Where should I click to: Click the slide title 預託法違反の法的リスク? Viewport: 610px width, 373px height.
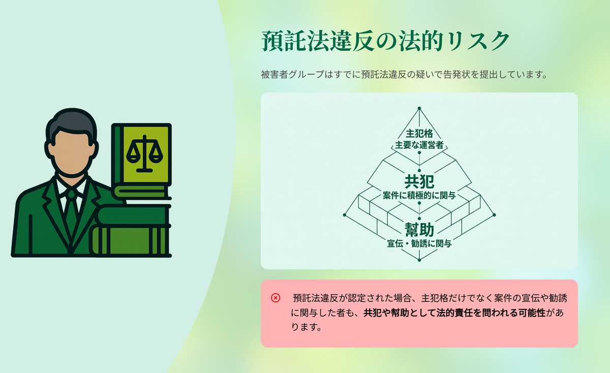pyautogui.click(x=385, y=41)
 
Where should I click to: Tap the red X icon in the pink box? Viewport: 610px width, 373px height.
pyautogui.click(x=276, y=298)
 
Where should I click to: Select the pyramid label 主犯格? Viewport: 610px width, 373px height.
pyautogui.click(x=419, y=134)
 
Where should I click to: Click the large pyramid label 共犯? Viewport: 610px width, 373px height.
pyautogui.click(x=419, y=181)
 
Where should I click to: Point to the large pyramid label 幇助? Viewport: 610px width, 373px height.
pyautogui.click(x=419, y=230)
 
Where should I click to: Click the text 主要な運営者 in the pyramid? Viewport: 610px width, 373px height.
pyautogui.click(x=419, y=145)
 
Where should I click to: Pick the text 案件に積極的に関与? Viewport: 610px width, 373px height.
pyautogui.click(x=419, y=195)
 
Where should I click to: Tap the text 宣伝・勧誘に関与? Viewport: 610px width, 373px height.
pyautogui.click(x=419, y=243)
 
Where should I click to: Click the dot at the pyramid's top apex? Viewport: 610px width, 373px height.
pyautogui.click(x=419, y=108)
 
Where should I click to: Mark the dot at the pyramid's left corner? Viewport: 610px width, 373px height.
pyautogui.click(x=345, y=215)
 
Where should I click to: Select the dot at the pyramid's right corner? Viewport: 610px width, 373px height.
pyautogui.click(x=495, y=215)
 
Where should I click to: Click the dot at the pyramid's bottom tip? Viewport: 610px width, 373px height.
pyautogui.click(x=419, y=260)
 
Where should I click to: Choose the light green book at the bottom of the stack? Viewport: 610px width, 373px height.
pyautogui.click(x=130, y=241)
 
